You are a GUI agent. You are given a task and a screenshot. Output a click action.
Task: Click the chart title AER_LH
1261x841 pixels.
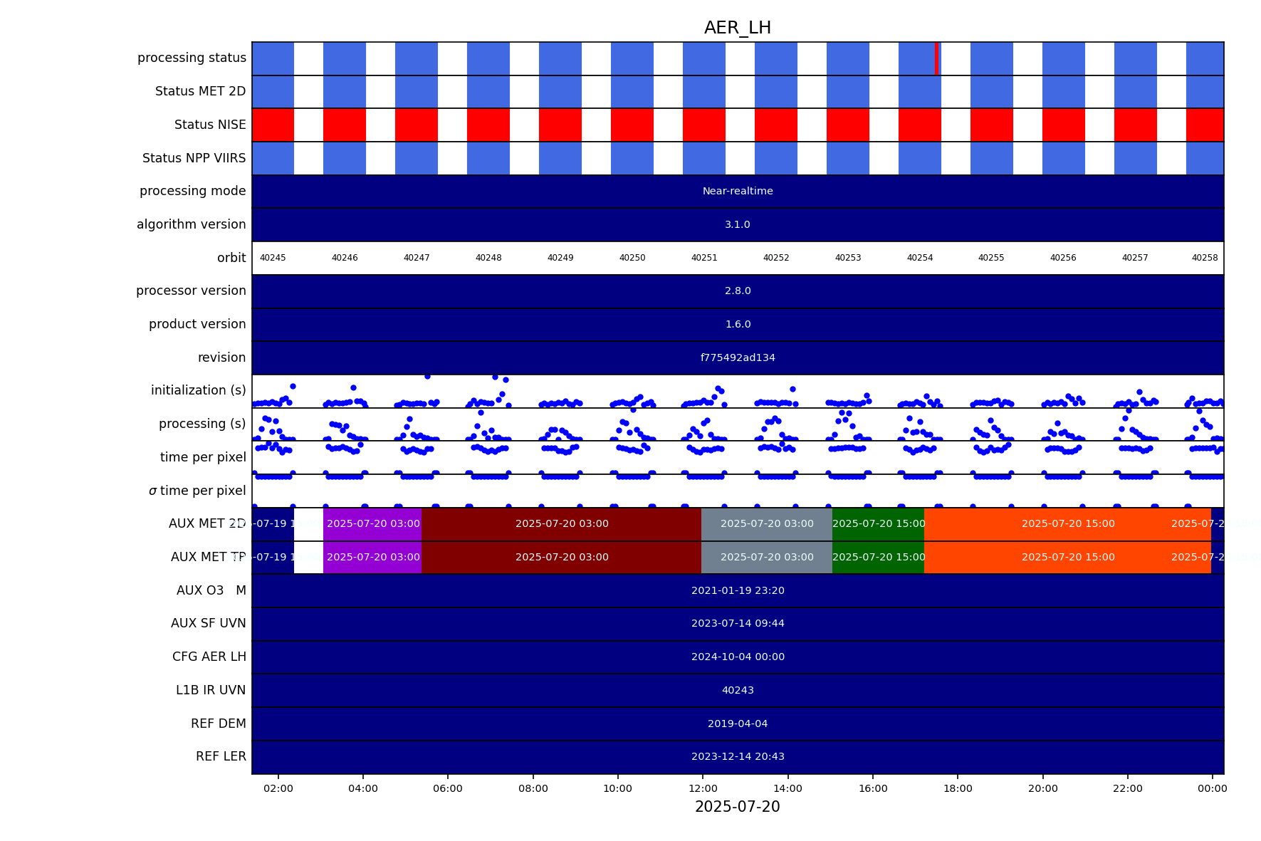(737, 28)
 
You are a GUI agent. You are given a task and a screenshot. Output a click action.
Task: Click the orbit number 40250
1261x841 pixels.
(632, 258)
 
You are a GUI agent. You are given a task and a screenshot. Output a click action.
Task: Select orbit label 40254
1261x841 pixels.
(920, 258)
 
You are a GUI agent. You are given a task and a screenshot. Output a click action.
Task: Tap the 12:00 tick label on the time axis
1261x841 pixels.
(703, 788)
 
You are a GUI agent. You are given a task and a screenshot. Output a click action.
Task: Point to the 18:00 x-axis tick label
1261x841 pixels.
(958, 788)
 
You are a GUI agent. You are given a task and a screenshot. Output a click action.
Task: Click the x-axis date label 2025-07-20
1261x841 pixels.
(737, 807)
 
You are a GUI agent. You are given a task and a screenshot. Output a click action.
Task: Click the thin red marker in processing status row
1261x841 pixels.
(936, 58)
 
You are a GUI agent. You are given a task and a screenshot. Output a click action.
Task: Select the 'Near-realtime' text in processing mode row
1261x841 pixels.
(738, 191)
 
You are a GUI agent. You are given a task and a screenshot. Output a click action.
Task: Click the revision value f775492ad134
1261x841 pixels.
(738, 357)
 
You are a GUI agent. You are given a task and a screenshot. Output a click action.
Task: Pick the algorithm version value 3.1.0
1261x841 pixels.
(738, 224)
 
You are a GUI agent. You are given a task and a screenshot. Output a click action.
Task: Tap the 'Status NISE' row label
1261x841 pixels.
(210, 125)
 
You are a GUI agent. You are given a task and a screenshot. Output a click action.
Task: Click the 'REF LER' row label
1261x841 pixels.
(221, 756)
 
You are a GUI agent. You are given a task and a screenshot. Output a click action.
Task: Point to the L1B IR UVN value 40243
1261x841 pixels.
(738, 690)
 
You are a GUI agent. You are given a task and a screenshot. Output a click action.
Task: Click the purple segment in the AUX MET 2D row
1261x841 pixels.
(372, 523)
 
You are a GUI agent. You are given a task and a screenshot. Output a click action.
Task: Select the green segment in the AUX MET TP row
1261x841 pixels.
(878, 557)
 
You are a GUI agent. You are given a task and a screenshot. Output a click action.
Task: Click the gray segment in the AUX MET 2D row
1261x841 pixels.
(767, 523)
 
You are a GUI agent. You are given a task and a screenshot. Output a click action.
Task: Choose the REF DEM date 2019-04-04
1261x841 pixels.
(738, 724)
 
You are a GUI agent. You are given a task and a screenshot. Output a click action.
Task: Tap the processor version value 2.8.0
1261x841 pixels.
(738, 291)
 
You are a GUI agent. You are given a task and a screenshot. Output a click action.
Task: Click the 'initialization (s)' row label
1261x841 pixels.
(198, 390)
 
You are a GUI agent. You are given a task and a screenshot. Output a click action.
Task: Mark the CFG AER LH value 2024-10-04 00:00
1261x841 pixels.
(738, 657)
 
